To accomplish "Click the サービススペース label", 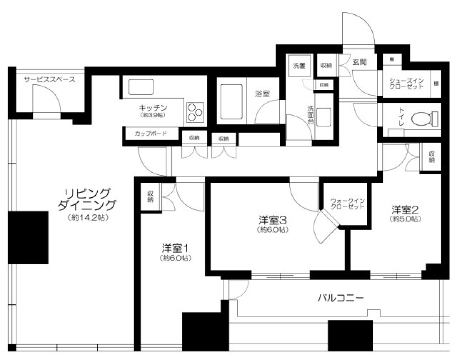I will [x=50, y=80].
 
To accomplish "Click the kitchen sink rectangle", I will [x=141, y=87].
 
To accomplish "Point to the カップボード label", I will [x=151, y=134].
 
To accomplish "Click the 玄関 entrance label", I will [x=359, y=62].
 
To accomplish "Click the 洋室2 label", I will [x=406, y=210].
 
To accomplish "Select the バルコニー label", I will [x=340, y=299].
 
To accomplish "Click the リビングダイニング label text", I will [x=87, y=200].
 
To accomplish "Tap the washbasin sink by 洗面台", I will [x=324, y=117].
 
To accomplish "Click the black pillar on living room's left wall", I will [x=29, y=238].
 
